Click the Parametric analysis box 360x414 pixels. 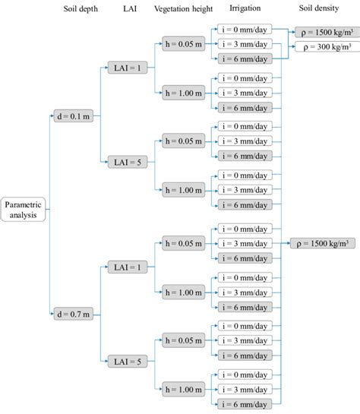pos(24,209)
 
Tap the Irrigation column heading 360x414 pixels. pos(244,8)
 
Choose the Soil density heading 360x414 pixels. pos(317,8)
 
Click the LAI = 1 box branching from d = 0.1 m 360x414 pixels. pos(124,68)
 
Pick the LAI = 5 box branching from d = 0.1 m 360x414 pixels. pos(124,162)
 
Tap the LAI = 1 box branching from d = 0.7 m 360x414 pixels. pos(124,266)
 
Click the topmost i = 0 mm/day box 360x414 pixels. pos(245,28)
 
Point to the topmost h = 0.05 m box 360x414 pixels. pos(183,43)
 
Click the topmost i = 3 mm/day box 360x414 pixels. pos(245,43)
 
